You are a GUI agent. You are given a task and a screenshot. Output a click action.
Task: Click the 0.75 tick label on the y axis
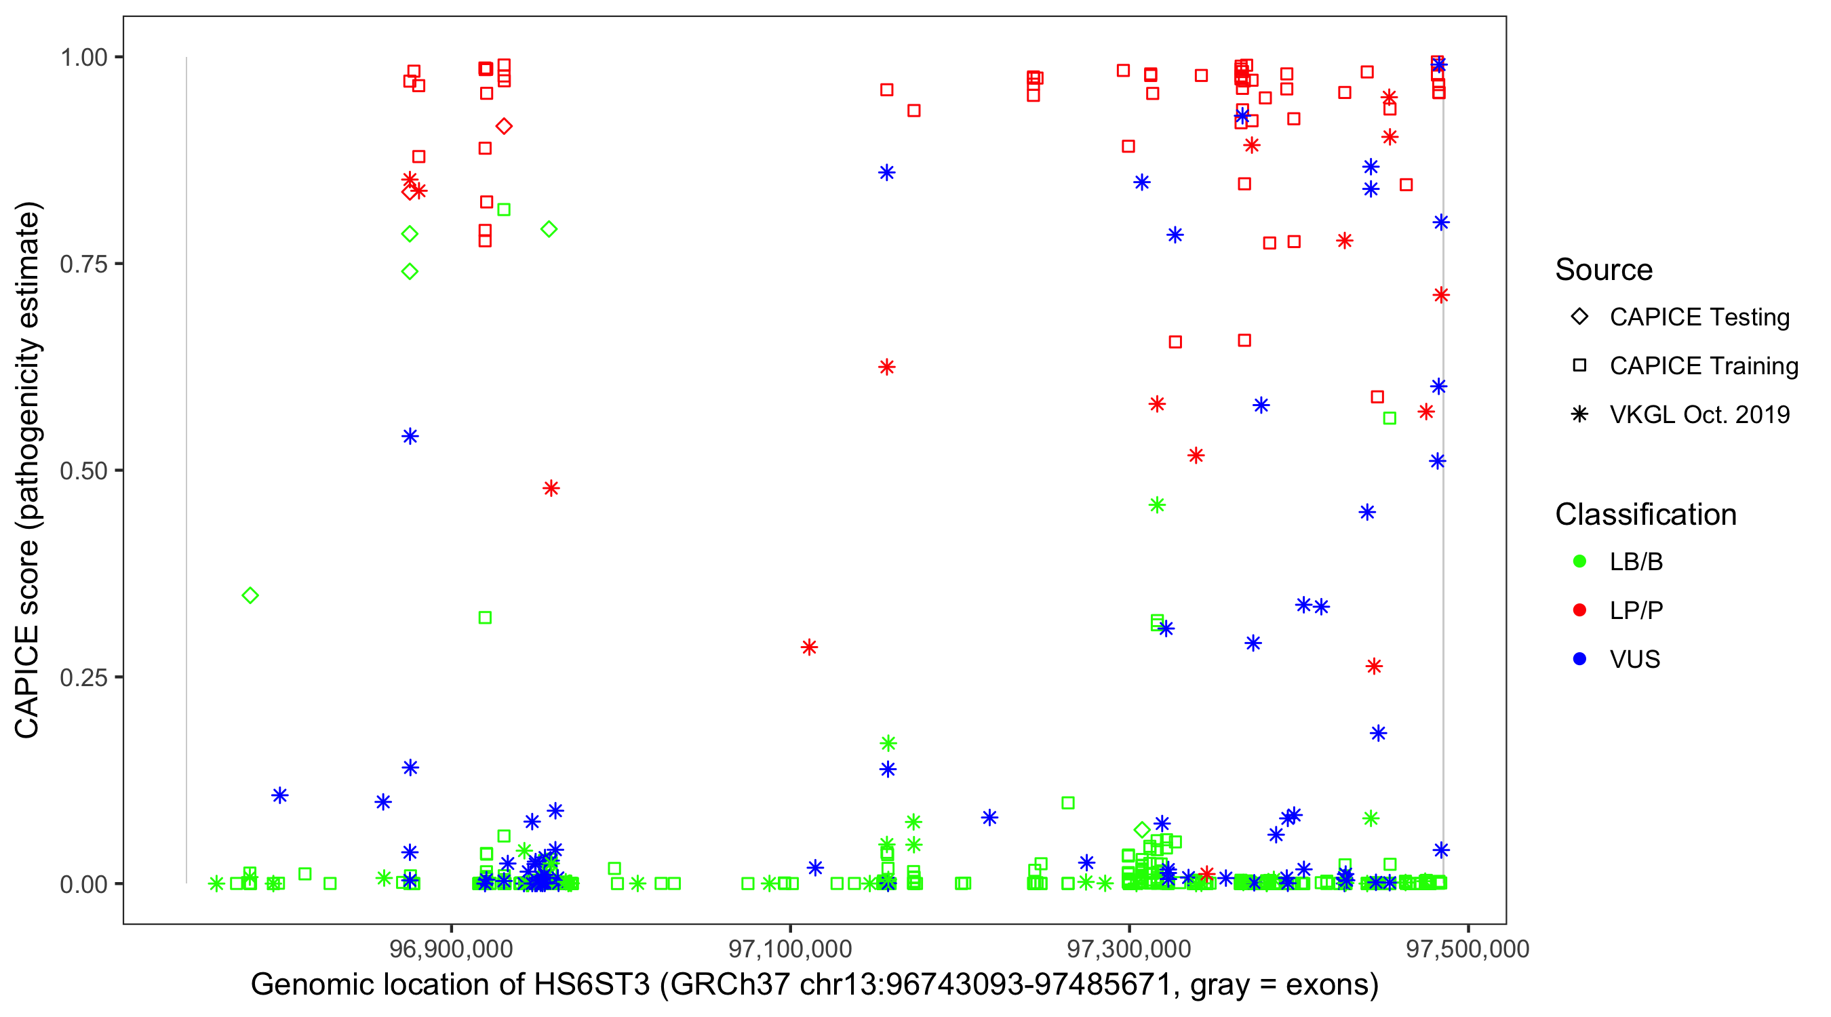point(83,264)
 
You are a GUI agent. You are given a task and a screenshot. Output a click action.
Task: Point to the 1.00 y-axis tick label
point(83,58)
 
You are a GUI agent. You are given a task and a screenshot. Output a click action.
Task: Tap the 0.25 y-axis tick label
point(83,677)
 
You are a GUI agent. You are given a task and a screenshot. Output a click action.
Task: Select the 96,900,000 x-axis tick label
point(452,949)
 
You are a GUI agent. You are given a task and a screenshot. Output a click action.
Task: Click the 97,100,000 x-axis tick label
point(791,949)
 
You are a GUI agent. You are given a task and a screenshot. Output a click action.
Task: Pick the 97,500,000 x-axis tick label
point(1468,949)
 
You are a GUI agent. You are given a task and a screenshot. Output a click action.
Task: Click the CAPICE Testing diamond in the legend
point(1579,317)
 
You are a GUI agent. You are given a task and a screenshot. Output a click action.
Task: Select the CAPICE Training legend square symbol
point(1579,366)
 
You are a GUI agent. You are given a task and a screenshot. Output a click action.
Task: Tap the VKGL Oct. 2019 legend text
point(1699,415)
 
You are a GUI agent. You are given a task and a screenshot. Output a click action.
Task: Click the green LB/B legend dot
point(1579,561)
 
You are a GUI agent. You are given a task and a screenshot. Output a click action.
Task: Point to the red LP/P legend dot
point(1579,610)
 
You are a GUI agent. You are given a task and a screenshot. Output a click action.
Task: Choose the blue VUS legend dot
point(1579,660)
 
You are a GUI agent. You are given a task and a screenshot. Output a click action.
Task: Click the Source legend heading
point(1604,270)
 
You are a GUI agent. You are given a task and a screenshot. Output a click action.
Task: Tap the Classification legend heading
point(1645,515)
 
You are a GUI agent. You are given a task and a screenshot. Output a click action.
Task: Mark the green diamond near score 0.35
point(250,595)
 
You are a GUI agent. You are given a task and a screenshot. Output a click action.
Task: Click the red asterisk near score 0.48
point(551,488)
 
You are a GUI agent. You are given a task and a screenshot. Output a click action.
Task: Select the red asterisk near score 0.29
point(809,647)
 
